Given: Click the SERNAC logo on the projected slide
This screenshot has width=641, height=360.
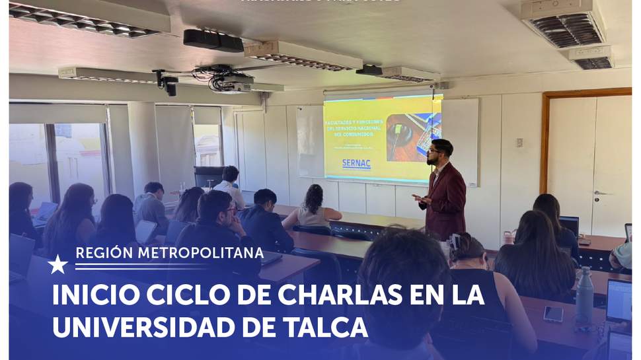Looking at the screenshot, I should [356, 163].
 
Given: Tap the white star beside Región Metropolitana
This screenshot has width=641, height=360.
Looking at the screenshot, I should [57, 264].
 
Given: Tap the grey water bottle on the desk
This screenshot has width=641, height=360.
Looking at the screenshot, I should [584, 297].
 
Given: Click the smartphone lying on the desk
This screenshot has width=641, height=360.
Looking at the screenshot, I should [553, 314].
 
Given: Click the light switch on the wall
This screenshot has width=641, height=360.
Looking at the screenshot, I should [519, 142].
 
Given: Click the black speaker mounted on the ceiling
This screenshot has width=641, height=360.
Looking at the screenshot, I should [213, 40].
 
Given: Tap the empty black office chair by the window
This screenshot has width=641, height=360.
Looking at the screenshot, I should [209, 177].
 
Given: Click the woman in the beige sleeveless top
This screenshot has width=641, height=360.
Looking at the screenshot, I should [312, 207].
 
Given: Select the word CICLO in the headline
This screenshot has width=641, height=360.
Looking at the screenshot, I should [191, 295].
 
